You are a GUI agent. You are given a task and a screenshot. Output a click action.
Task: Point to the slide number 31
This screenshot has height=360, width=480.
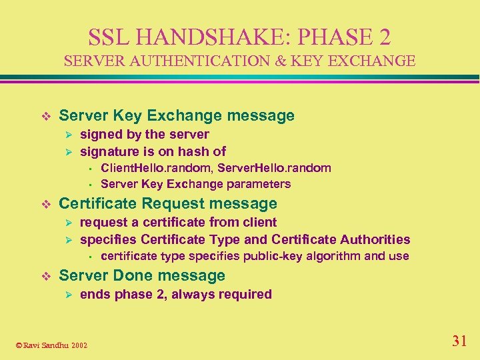click(459, 341)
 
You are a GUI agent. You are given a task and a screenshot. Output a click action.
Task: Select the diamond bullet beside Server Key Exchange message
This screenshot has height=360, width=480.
click(45, 116)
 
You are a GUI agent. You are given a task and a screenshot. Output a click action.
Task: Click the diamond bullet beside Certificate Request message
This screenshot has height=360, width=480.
click(45, 204)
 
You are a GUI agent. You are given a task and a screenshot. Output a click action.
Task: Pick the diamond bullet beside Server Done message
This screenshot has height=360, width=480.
click(45, 276)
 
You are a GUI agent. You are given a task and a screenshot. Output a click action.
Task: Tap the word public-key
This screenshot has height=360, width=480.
click(273, 256)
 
